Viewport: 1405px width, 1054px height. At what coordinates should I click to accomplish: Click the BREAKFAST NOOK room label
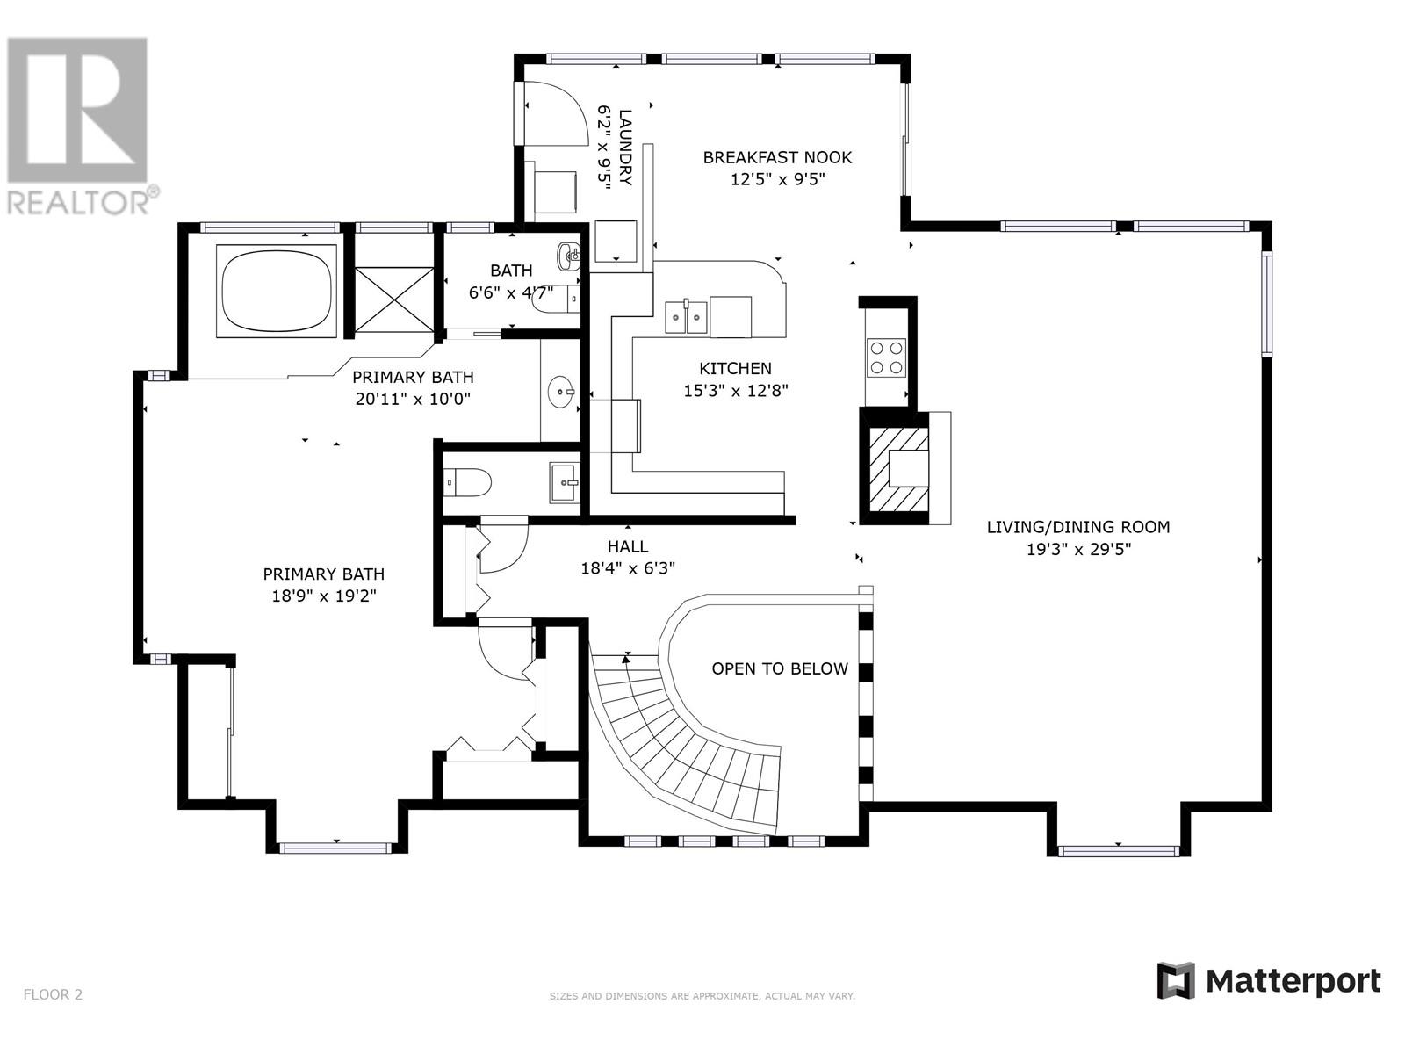777,158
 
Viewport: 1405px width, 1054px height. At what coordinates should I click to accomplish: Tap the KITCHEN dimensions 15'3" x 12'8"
736,391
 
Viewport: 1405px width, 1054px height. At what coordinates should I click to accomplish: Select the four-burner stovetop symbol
886,357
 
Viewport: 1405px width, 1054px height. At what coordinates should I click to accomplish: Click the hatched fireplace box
897,470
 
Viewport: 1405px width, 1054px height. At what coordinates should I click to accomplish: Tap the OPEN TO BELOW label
780,669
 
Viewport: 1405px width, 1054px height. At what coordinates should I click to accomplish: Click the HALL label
628,546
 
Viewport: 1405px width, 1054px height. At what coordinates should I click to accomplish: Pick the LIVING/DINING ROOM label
1078,527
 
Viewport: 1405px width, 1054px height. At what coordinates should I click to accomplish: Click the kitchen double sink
686,317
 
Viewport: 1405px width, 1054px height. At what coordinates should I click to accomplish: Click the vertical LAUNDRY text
625,147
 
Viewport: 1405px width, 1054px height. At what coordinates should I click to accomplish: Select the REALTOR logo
79,123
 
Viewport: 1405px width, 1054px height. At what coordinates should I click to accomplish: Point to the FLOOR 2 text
53,995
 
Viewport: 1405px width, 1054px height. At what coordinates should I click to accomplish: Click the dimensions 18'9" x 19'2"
324,596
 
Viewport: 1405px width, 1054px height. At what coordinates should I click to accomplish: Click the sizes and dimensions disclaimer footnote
702,996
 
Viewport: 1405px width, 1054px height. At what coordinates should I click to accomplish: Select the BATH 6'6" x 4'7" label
511,281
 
